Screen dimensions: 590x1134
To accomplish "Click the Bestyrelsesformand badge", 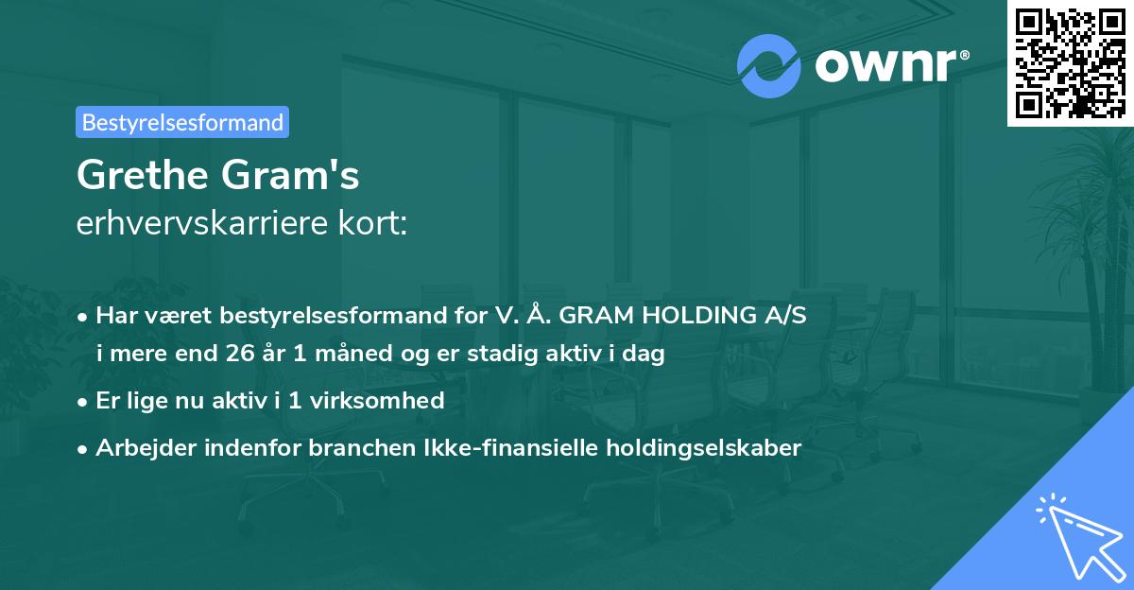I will (182, 122).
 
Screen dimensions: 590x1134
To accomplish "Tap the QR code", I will (1070, 62).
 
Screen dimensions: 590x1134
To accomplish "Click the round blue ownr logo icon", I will (768, 66).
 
